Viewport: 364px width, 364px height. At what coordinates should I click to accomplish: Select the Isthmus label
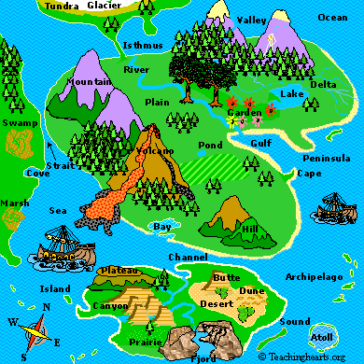[x=142, y=45]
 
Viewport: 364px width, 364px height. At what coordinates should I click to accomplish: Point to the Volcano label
[x=155, y=150]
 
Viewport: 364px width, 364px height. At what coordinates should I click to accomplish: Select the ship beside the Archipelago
[x=333, y=204]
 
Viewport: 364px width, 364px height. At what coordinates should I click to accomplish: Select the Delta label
[x=323, y=84]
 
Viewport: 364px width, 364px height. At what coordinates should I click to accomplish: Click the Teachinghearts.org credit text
[x=309, y=356]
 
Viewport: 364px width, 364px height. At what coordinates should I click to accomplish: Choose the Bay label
[x=162, y=227]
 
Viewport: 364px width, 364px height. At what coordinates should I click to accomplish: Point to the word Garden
[x=245, y=113]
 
